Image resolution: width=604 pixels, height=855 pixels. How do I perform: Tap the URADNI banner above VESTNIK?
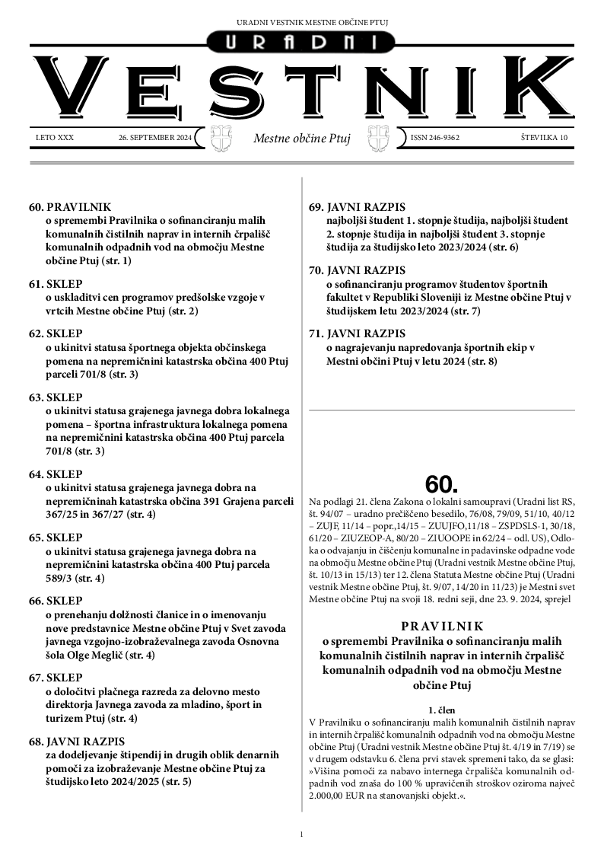(301, 43)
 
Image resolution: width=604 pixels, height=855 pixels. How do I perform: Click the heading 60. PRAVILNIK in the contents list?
(70, 206)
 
